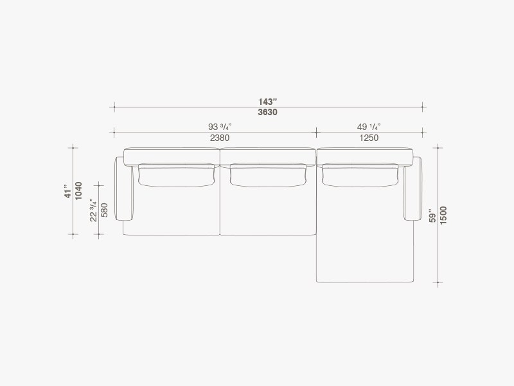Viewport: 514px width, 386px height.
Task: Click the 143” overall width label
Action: pos(267,102)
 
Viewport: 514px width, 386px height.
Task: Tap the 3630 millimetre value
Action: pos(267,112)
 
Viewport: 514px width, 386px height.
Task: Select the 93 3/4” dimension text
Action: pos(220,127)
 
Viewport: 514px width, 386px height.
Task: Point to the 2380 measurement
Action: pos(220,138)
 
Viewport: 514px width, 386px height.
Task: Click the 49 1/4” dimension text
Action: pos(369,127)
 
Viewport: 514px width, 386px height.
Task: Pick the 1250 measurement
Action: pos(369,138)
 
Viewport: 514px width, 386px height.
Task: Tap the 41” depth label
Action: pos(68,194)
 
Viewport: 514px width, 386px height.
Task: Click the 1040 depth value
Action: pos(78,191)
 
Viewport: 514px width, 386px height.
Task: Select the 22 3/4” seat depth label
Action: pos(93,210)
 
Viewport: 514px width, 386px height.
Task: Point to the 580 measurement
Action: pos(104,210)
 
